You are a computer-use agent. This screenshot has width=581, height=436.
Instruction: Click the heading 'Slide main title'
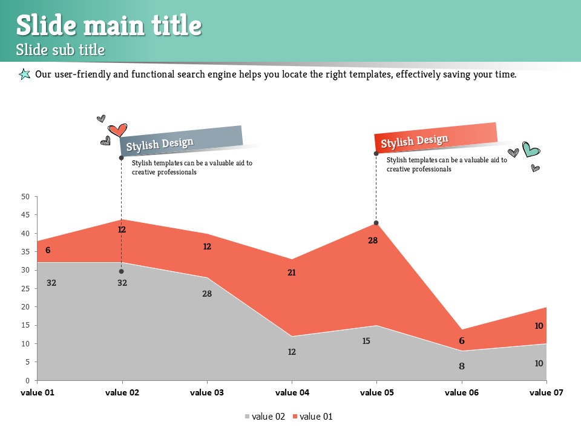[x=108, y=25]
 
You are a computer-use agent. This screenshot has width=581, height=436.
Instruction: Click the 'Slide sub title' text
[x=61, y=50]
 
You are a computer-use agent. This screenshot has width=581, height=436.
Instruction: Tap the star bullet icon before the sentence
[x=24, y=74]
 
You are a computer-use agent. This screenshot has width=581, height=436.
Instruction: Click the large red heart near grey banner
[x=117, y=130]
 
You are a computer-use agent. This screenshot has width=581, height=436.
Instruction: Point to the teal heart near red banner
[x=531, y=149]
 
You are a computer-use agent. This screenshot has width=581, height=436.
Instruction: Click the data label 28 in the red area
[x=373, y=240]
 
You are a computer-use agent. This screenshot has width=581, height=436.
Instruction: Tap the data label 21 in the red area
[x=292, y=272]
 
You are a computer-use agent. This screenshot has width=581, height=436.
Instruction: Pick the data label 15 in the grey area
[x=366, y=341]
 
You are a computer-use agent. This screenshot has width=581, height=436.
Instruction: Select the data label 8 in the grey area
[x=462, y=366]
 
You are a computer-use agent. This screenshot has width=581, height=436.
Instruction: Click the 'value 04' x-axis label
[x=292, y=392]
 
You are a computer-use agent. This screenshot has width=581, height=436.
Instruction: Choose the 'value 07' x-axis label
[x=546, y=392]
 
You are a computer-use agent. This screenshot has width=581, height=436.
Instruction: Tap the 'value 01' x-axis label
[x=38, y=392]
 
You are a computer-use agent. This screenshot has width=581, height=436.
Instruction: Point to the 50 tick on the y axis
[x=25, y=197]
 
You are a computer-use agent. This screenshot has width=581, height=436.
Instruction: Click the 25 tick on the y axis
[x=25, y=289]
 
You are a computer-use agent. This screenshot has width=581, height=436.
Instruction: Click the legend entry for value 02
[x=264, y=417]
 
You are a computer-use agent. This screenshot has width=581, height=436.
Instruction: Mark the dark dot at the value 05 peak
[x=376, y=223]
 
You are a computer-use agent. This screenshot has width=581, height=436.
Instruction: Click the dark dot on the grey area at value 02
[x=121, y=271]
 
